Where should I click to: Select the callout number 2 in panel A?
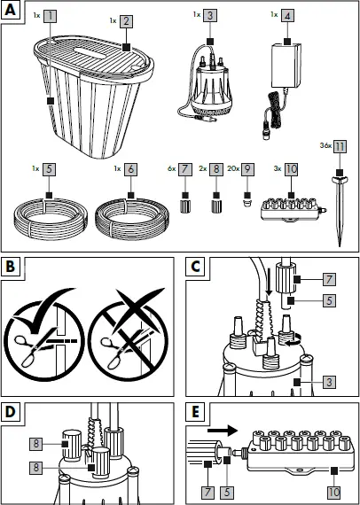pos(128,19)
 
